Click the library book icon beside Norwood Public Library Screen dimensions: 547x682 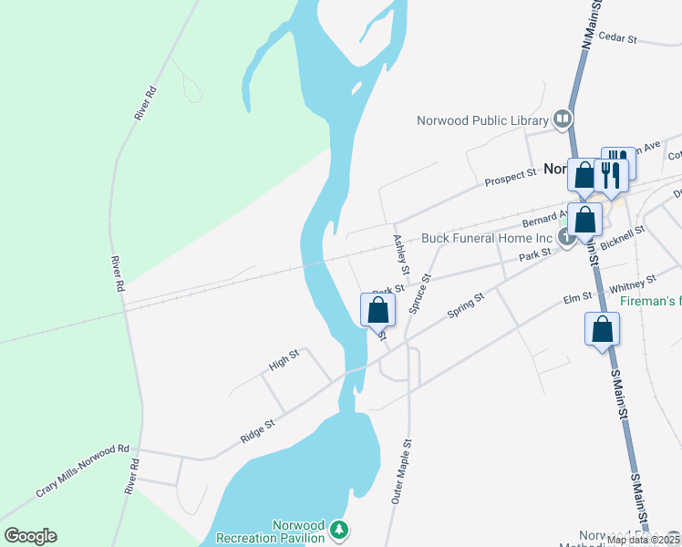(x=563, y=119)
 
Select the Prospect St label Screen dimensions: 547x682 (x=510, y=175)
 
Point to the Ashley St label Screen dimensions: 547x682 (x=399, y=252)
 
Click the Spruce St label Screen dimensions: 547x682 (x=419, y=294)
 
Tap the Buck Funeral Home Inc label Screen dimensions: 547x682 (x=487, y=239)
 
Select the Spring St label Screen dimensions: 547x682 (x=465, y=305)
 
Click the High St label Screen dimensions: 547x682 (x=284, y=362)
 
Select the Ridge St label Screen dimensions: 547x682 (x=258, y=430)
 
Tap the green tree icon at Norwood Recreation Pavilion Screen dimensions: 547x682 (x=339, y=529)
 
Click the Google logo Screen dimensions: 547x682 (x=30, y=536)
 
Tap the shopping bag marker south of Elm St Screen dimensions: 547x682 (x=602, y=329)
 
